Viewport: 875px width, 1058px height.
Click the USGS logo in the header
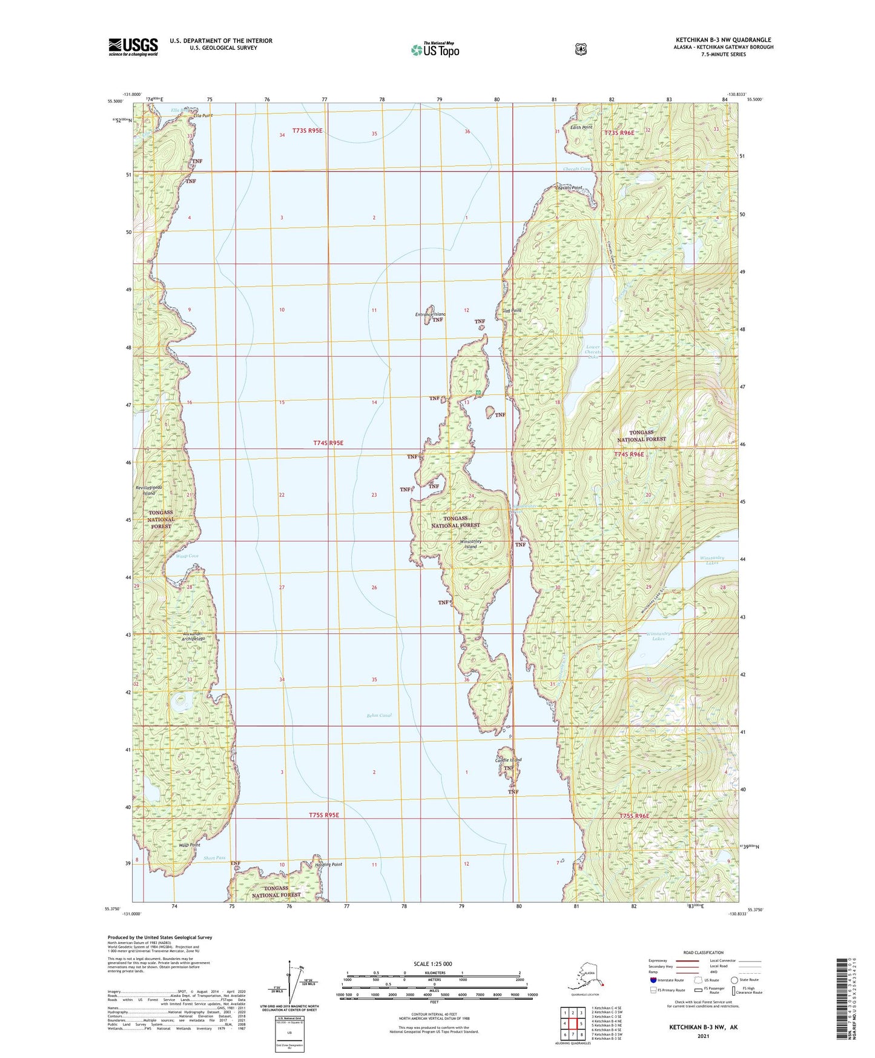[133, 46]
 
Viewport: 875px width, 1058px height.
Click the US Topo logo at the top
[434, 50]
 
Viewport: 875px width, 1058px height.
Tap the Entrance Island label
[431, 314]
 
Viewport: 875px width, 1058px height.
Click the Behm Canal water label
[379, 715]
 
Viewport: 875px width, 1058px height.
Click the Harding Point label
[329, 864]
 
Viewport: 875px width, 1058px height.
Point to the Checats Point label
[569, 188]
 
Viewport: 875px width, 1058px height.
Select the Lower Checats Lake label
[593, 352]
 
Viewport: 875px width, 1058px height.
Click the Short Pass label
[214, 858]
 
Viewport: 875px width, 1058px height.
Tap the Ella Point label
[203, 115]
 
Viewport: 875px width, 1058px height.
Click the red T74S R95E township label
[328, 443]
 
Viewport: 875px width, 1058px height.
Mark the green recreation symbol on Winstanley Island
[478, 393]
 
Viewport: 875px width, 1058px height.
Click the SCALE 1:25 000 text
[433, 963]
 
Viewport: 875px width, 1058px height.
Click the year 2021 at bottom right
[703, 1036]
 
